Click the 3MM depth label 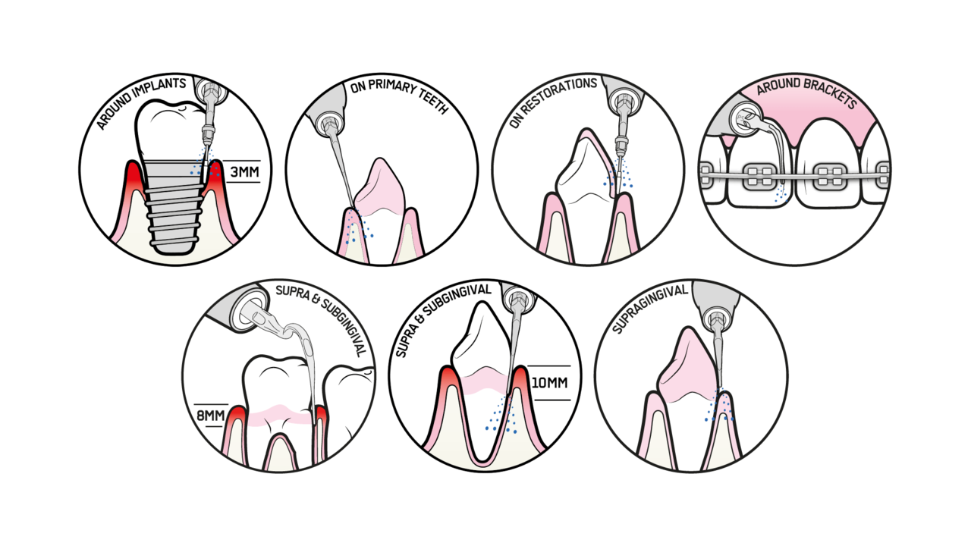coord(244,172)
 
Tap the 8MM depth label coord(211,416)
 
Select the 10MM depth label coord(549,383)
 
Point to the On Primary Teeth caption coord(399,95)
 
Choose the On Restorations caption coord(552,101)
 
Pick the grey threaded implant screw coord(174,206)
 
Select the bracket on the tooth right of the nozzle coord(831,177)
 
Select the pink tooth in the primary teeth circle coord(380,187)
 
